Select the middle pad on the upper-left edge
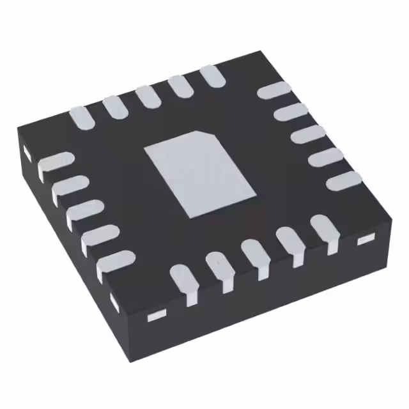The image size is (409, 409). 148,96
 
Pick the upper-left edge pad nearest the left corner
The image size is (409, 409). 82,118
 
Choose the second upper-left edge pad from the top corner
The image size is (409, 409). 180,87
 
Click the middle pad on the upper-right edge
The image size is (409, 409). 307,136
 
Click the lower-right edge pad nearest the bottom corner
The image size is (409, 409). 185,281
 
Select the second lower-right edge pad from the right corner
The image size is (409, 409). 291,243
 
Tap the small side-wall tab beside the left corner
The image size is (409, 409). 27,153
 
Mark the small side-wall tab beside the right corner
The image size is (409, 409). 365,239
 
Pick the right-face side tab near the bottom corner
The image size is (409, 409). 157,315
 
